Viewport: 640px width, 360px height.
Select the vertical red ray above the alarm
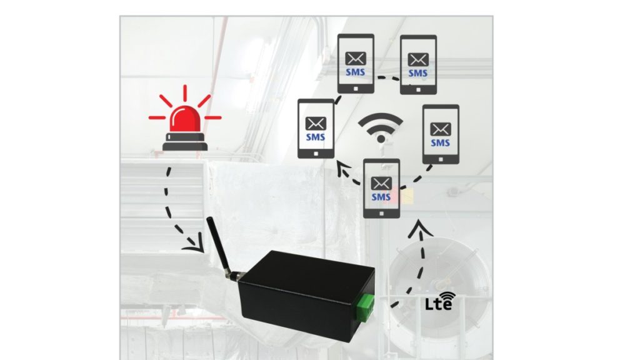click(x=184, y=93)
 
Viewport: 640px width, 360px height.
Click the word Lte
click(x=435, y=305)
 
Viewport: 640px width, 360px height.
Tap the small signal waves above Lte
click(x=446, y=293)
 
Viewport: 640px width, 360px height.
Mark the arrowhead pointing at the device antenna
click(x=199, y=249)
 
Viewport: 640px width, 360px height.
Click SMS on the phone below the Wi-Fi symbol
click(x=381, y=197)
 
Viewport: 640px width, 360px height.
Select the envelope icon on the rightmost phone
click(x=441, y=129)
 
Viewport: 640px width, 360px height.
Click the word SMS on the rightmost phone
click(x=441, y=143)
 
